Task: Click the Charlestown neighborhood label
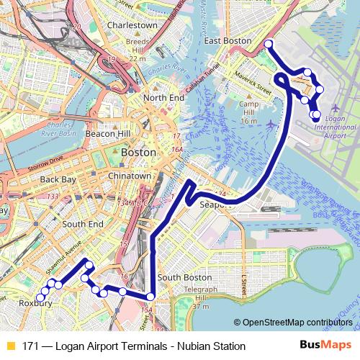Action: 132,24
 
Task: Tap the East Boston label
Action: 228,41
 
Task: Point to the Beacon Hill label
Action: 107,133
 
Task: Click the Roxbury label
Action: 34,303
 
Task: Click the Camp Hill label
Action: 248,112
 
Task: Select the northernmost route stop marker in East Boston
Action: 268,45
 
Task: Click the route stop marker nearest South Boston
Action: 150,296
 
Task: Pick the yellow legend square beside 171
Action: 10,346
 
